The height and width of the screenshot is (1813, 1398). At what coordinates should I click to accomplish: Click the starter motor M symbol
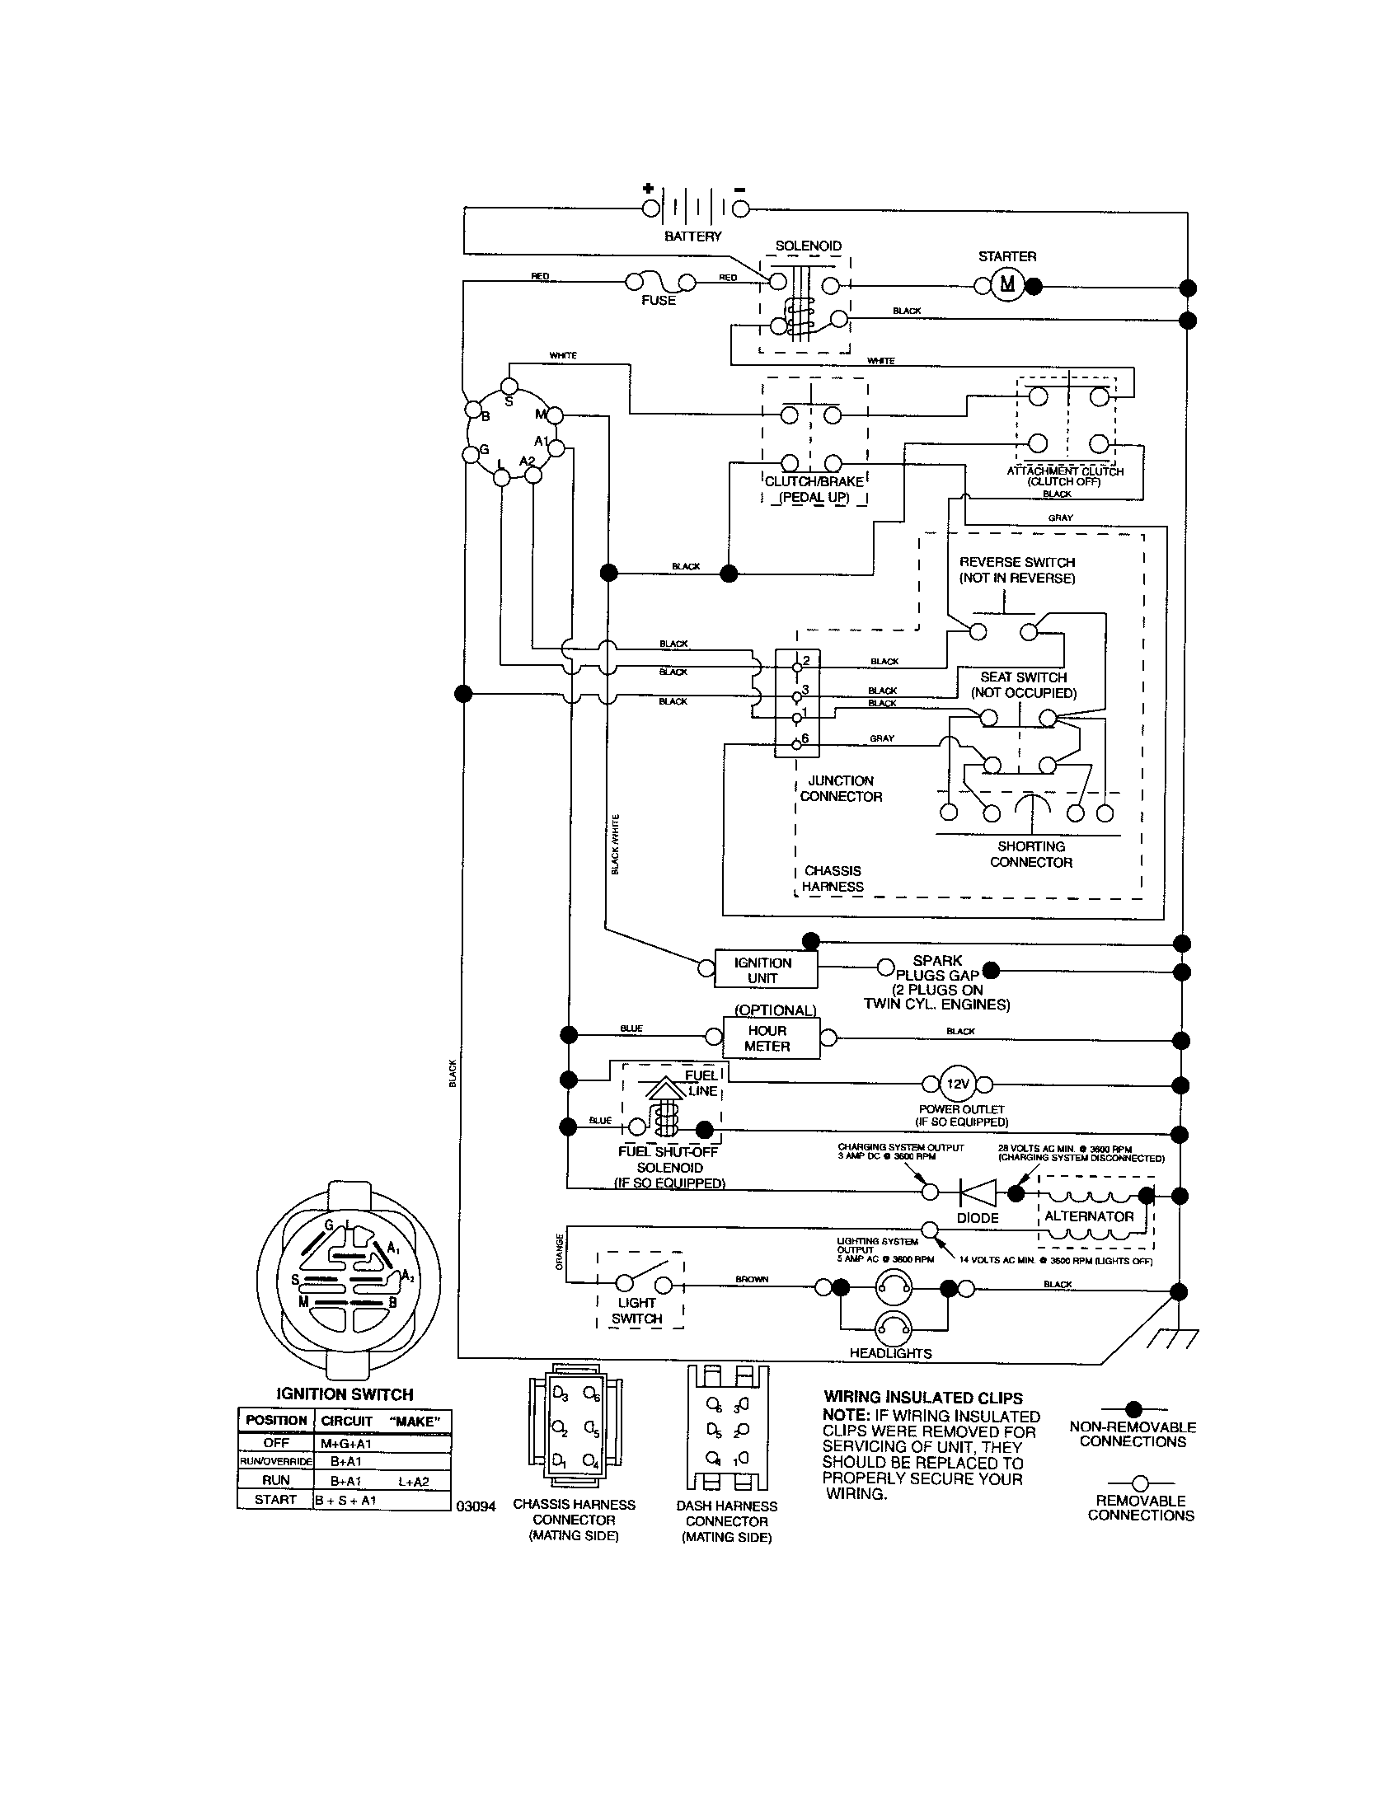pos(1007,285)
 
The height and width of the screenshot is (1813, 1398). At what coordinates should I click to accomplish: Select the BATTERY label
pos(692,237)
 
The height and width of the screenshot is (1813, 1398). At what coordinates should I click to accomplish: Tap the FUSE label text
pos(658,301)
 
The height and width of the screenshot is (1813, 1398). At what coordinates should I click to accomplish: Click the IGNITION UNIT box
pos(764,970)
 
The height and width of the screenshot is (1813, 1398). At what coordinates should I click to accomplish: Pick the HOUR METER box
pos(767,1038)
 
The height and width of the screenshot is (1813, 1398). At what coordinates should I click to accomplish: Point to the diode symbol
pos(977,1193)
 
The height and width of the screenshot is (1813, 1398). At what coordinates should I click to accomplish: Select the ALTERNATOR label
pos(1088,1216)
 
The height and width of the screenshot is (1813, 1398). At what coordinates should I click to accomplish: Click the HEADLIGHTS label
pos(890,1353)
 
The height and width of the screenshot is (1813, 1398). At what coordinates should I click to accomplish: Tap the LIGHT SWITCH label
pos(636,1311)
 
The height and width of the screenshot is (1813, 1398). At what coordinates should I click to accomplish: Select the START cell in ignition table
pos(275,1499)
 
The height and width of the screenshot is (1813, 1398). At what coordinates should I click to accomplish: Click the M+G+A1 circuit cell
pos(346,1444)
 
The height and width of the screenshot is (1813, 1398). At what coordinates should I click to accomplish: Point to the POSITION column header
pos(276,1421)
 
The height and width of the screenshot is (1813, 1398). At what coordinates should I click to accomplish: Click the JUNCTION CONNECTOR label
pos(840,789)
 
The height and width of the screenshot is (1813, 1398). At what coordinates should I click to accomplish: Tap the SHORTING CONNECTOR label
pos(1030,855)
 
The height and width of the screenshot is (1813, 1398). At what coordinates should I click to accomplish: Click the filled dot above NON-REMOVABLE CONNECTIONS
pos(1133,1408)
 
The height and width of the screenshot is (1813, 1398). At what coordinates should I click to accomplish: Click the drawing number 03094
pos(476,1506)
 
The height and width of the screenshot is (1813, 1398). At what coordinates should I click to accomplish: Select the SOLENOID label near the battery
pos(808,246)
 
